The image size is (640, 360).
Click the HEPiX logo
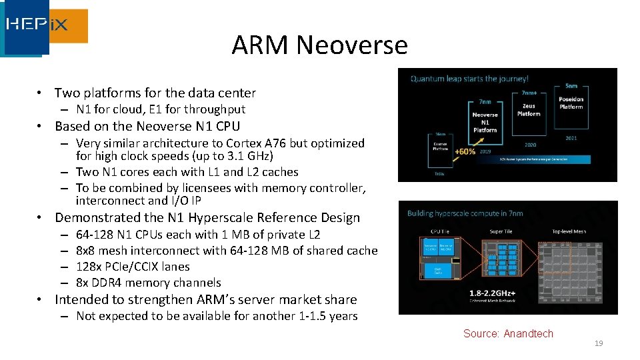pos(45,27)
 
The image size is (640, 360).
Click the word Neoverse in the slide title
pos(351,45)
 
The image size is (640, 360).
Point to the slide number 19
pos(599,343)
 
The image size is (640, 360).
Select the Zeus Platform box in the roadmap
pos(528,110)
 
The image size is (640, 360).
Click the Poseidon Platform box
pos(571,103)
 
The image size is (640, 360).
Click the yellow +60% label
pos(464,151)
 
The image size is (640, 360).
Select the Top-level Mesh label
pos(569,232)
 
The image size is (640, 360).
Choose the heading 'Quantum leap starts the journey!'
pos(469,79)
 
